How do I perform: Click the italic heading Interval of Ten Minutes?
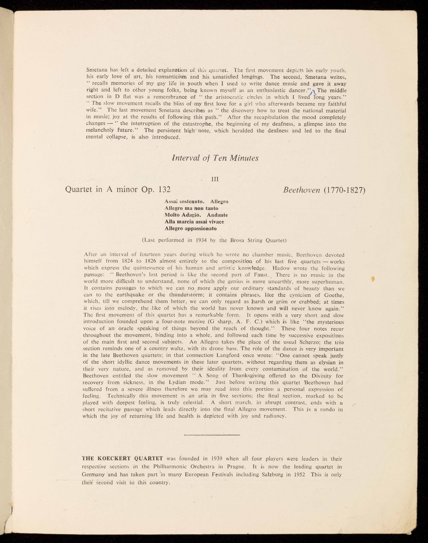coord(215,158)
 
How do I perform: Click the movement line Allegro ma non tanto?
coord(191,208)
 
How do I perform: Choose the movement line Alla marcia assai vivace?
coord(194,222)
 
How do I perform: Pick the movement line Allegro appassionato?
coord(191,228)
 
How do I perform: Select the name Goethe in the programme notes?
coord(335,295)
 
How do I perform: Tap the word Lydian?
coord(172,382)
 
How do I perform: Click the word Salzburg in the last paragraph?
coord(274,475)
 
